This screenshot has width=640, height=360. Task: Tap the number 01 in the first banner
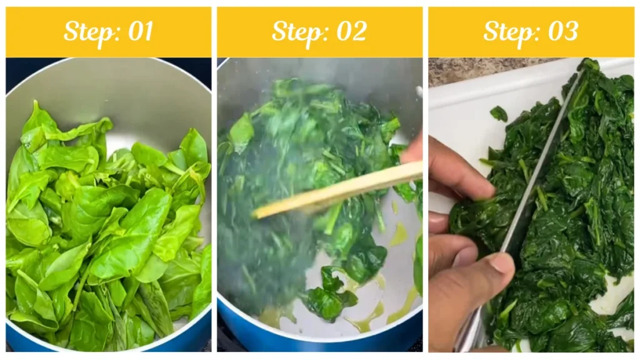140,31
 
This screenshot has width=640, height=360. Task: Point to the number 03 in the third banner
562,31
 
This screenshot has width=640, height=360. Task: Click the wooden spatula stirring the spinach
337,191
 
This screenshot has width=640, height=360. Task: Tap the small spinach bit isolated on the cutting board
498,113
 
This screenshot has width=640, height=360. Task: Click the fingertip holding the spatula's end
412,150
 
